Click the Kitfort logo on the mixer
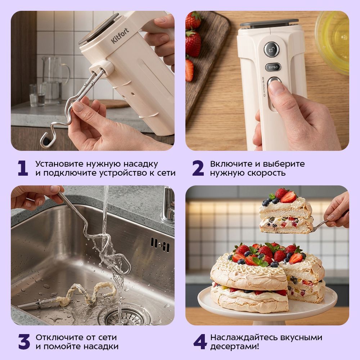120,36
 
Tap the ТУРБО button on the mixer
273,67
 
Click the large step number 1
23,168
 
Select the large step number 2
198,168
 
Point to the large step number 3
24,342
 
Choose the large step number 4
200,342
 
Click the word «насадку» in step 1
141,164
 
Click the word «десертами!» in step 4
235,346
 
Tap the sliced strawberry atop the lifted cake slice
288,197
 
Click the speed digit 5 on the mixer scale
263,78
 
